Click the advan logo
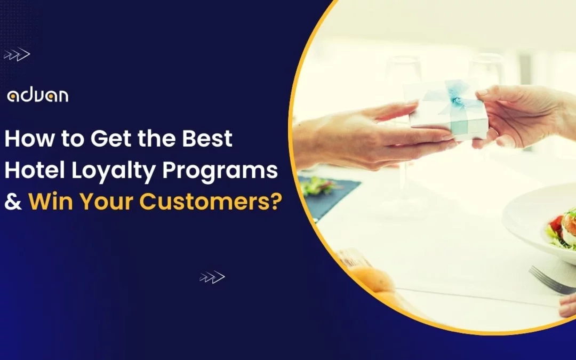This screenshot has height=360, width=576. (37, 96)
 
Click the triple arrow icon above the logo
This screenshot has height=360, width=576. (17, 54)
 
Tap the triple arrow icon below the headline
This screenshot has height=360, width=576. (212, 277)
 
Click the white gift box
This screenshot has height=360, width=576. (448, 112)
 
